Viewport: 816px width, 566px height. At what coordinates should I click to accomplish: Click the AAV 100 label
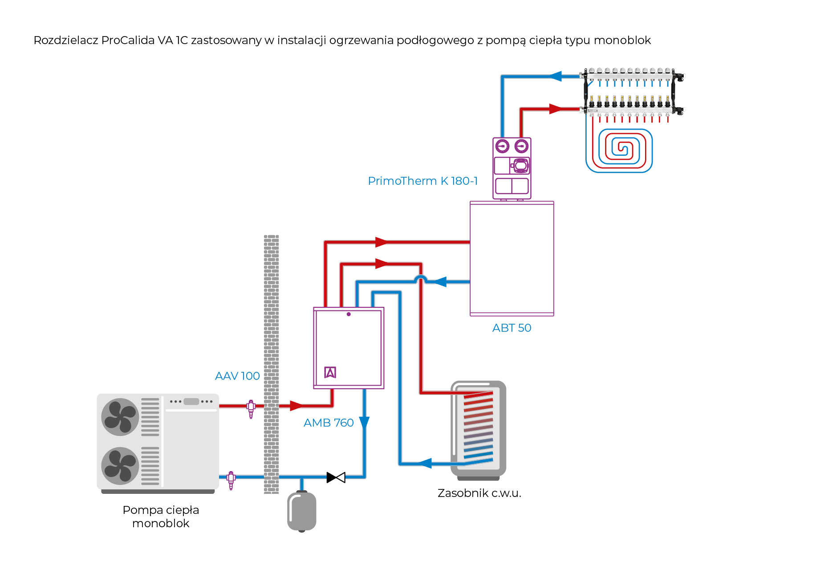(237, 376)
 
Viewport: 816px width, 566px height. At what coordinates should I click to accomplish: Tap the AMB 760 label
(329, 423)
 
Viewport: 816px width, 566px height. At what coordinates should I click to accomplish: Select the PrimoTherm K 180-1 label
(422, 181)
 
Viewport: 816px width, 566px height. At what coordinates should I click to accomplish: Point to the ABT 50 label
(512, 328)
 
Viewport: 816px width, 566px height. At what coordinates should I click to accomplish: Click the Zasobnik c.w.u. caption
(479, 493)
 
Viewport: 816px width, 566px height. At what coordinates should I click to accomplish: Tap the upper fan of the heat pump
(120, 417)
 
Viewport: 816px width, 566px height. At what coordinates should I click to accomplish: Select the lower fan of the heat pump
(120, 466)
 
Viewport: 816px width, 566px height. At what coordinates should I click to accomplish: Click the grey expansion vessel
(302, 511)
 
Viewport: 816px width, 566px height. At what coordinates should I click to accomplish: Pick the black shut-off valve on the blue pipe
(336, 477)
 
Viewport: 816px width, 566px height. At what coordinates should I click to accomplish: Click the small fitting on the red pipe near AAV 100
(251, 407)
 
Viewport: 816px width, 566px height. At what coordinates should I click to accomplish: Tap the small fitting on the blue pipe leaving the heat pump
(231, 479)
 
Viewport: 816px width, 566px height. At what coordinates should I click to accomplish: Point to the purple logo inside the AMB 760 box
(330, 372)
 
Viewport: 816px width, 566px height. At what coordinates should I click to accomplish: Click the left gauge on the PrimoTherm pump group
(503, 146)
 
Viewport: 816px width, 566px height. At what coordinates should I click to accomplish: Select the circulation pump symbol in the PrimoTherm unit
(520, 166)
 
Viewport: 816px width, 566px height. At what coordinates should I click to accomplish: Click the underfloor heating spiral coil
(619, 150)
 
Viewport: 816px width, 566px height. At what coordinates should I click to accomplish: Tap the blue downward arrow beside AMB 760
(364, 423)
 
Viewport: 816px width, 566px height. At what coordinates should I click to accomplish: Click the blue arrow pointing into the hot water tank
(425, 464)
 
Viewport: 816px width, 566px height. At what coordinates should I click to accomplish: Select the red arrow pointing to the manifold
(555, 109)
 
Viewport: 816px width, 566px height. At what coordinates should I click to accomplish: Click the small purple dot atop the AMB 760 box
(349, 314)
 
